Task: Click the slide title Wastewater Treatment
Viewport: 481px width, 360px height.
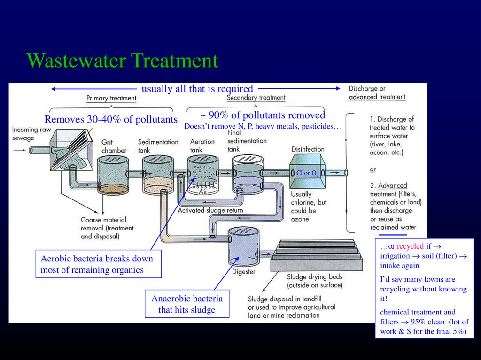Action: point(123,61)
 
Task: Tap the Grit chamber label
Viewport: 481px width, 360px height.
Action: point(114,146)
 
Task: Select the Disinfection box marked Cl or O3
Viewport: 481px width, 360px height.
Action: point(307,173)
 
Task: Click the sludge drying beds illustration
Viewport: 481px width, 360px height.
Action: point(318,255)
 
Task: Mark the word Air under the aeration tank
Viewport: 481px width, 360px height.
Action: point(203,191)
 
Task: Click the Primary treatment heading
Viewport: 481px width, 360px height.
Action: point(111,98)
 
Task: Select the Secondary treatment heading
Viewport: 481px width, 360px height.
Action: point(256,98)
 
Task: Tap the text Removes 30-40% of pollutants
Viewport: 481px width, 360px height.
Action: point(111,119)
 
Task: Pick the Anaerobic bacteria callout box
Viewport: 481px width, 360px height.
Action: point(187,304)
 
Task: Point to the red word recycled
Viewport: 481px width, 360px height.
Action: point(410,246)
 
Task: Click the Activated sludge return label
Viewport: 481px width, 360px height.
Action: point(210,210)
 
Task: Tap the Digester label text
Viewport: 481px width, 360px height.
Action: point(244,272)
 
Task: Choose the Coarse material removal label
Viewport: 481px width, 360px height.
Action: point(107,228)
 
